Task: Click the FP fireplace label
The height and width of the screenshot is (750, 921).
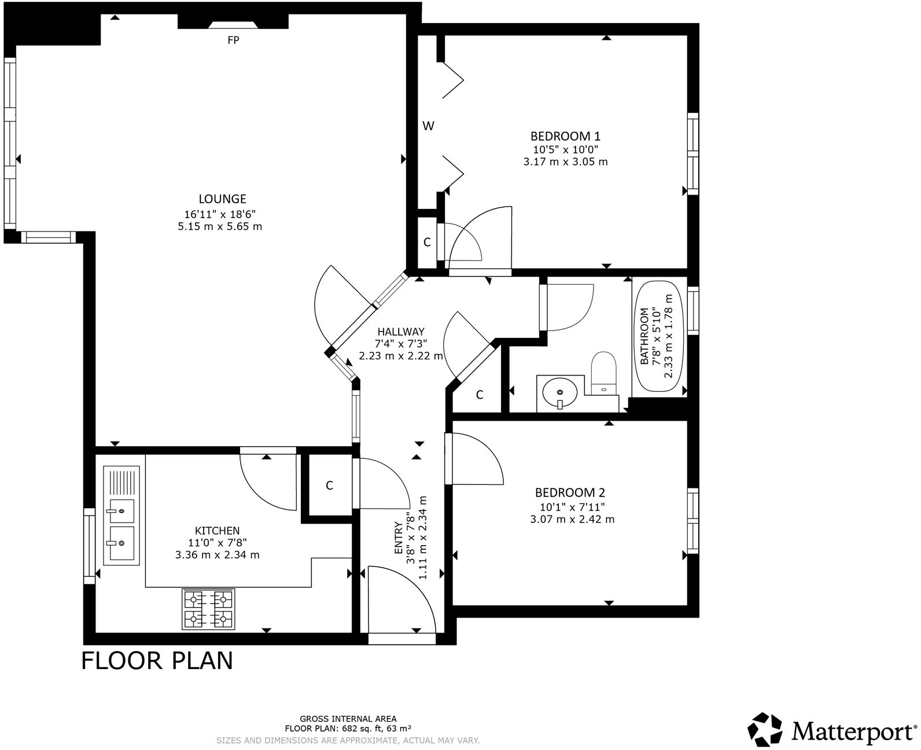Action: point(233,40)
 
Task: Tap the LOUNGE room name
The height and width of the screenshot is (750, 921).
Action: point(222,198)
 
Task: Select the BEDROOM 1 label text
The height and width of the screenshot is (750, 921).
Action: point(565,136)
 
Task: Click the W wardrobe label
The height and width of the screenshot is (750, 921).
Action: point(428,126)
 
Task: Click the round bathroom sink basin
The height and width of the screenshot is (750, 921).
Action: point(559,394)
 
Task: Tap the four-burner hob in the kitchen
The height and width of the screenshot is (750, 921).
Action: point(209,609)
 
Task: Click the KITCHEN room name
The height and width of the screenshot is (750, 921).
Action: point(217,530)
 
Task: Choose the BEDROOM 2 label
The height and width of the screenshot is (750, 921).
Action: point(570,492)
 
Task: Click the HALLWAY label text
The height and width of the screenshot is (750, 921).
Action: point(401,332)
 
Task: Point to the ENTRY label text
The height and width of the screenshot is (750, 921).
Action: point(399,538)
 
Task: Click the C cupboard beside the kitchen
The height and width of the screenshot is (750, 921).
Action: point(329,486)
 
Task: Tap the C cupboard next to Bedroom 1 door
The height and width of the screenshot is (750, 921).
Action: point(427,242)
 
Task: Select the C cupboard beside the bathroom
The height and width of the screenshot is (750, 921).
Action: point(480,395)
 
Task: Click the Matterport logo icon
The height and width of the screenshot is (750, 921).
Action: point(767,730)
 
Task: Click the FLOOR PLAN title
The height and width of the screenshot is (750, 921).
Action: point(157,660)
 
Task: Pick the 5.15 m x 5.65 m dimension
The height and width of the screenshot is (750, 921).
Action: point(220,226)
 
